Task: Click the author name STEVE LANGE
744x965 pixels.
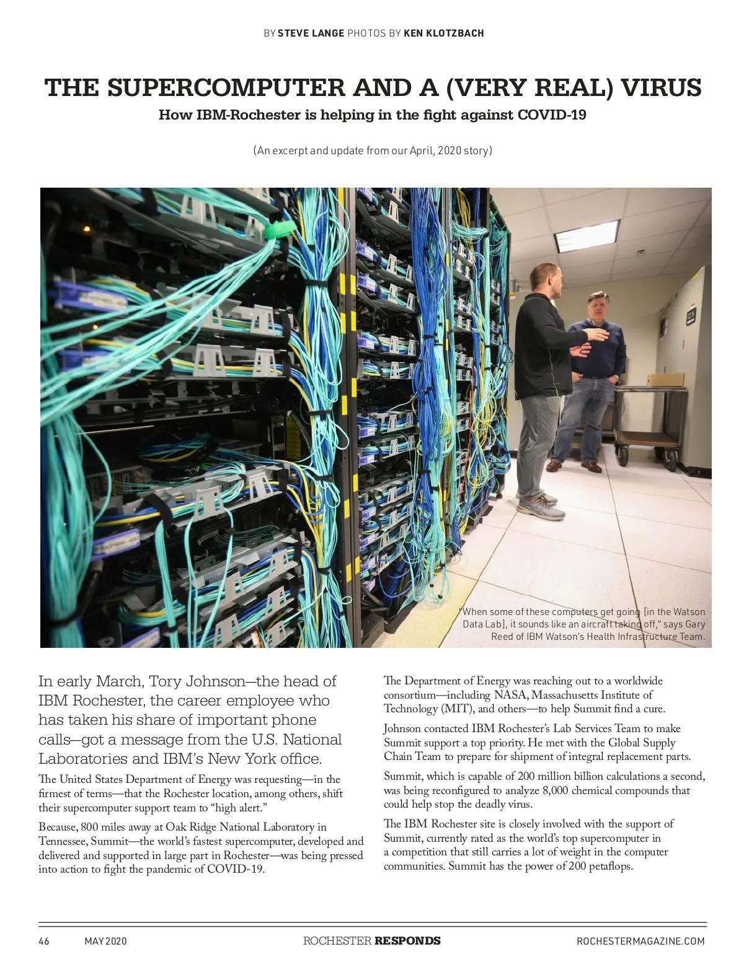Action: click(x=310, y=33)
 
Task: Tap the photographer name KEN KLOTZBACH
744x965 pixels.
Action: click(x=443, y=33)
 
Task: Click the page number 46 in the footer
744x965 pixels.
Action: click(x=44, y=941)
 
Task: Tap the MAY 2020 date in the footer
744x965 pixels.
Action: click(x=105, y=941)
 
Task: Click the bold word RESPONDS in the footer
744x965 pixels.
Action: click(x=407, y=941)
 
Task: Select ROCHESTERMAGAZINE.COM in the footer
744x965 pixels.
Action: click(x=640, y=941)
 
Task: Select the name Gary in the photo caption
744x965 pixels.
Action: click(x=695, y=624)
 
